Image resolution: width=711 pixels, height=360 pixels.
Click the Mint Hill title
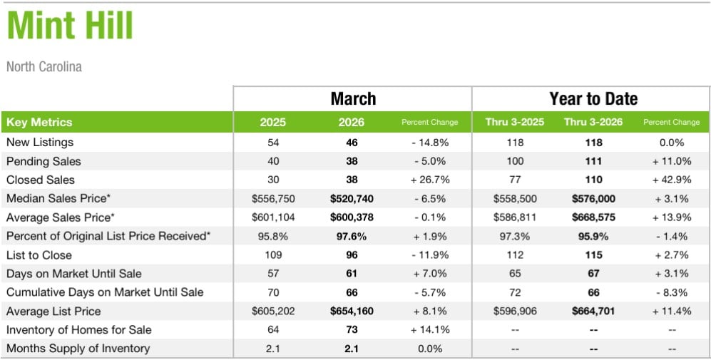click(x=70, y=27)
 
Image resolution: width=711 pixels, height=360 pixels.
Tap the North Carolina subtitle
click(x=44, y=67)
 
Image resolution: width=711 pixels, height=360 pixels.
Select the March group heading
click(x=353, y=98)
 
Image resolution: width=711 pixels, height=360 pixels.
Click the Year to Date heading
click(x=593, y=98)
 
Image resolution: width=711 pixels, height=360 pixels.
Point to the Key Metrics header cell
click(x=39, y=122)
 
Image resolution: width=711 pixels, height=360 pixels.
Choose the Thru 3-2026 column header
click(x=593, y=122)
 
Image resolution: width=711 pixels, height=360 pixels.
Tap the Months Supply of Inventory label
click(x=78, y=349)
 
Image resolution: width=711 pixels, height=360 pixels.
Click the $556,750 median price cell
click(x=272, y=198)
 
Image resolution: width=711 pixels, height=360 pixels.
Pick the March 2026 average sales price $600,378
click(x=352, y=217)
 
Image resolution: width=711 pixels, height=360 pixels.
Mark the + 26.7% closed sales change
click(x=430, y=180)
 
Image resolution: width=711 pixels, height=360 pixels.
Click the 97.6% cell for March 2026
click(x=352, y=236)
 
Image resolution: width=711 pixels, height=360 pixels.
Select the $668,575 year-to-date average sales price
click(x=593, y=217)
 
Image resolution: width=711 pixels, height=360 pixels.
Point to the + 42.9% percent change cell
click(x=671, y=180)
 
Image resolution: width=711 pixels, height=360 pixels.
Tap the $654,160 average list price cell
click(x=352, y=311)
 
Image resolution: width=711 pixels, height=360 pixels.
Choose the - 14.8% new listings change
click(x=430, y=143)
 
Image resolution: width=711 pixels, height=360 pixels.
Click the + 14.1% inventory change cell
click(x=430, y=330)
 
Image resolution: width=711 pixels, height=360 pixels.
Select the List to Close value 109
click(x=272, y=254)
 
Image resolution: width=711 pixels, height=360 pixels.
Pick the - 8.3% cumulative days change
click(x=671, y=292)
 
